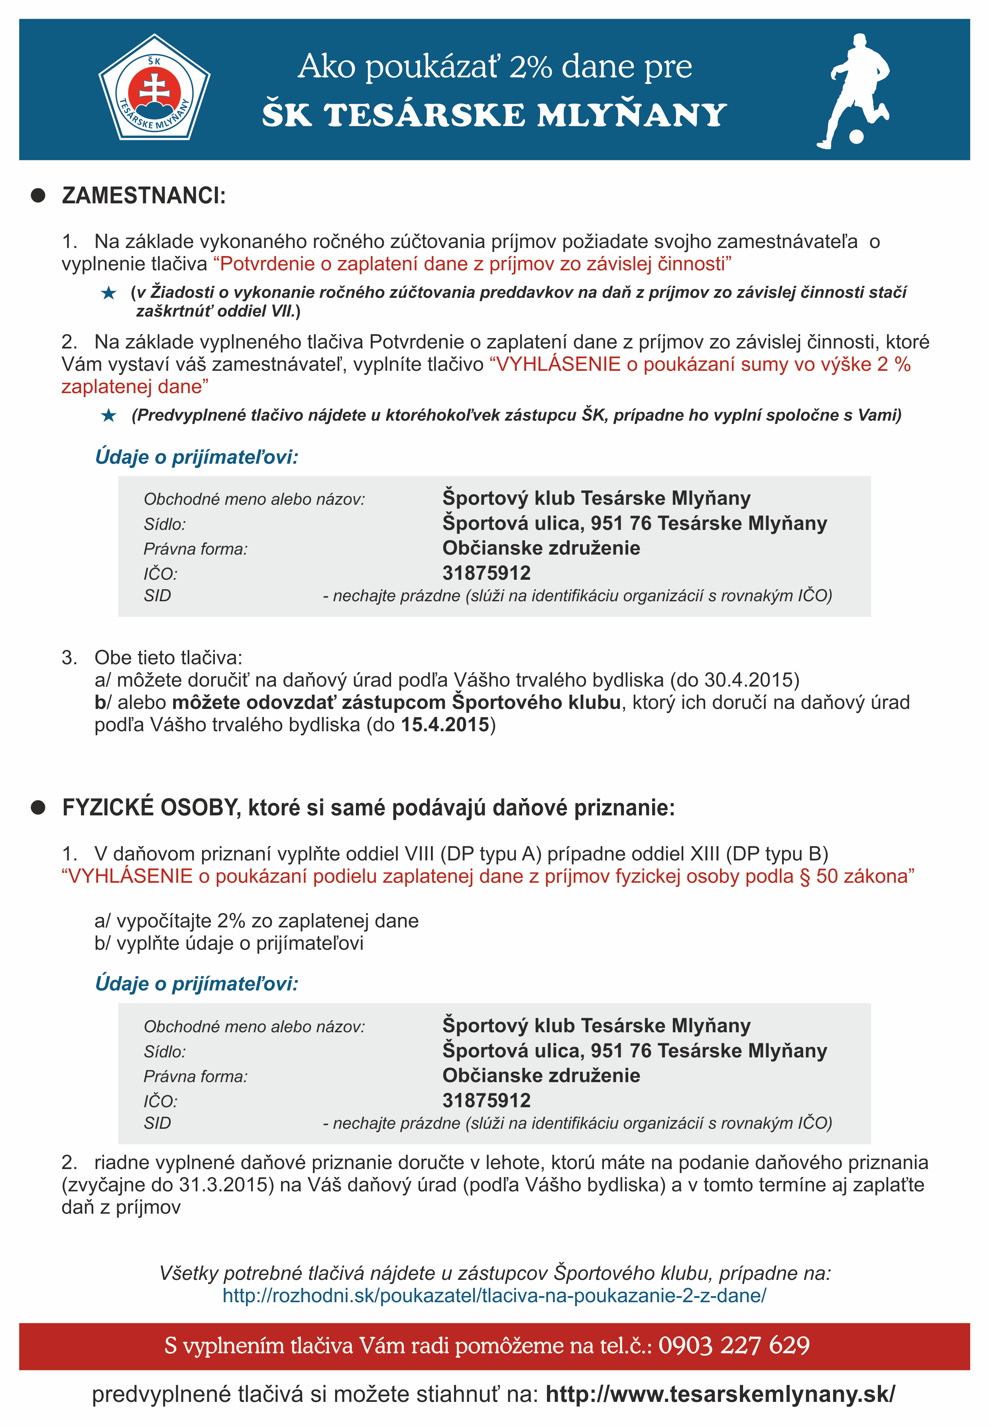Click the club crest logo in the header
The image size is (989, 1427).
point(154,89)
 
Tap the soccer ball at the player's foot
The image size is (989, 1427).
point(856,136)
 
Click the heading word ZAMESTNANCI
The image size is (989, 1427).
point(144,196)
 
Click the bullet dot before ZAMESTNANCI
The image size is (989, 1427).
point(38,195)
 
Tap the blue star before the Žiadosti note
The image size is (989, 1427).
point(108,293)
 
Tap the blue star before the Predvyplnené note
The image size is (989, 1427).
point(108,415)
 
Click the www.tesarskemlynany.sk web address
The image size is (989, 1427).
point(720,1394)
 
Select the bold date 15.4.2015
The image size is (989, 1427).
point(445,724)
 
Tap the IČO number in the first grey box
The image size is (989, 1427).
point(486,573)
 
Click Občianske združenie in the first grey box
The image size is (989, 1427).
point(541,548)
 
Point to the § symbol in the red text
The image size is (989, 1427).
point(805,876)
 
